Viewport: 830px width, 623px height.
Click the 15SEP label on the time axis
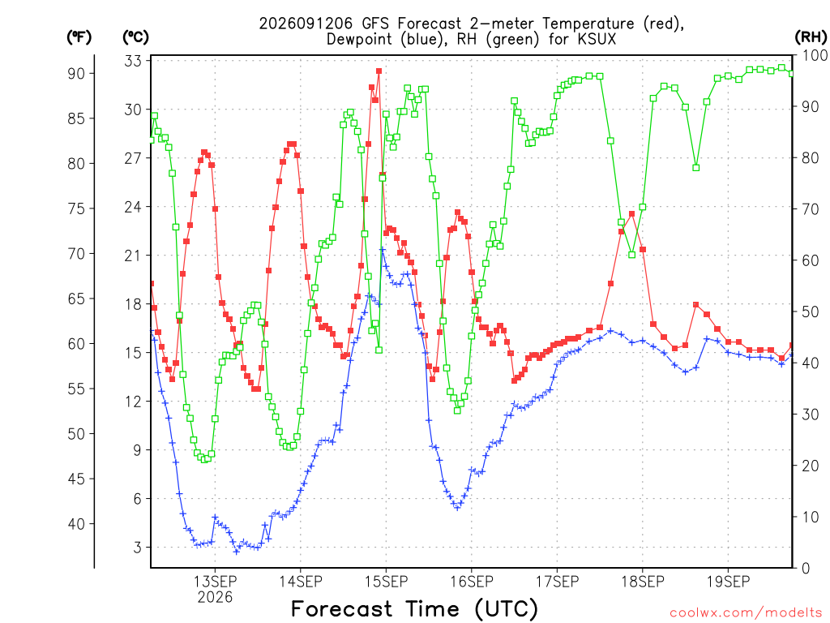pyautogui.click(x=387, y=582)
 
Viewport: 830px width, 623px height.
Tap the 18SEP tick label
pyautogui.click(x=643, y=582)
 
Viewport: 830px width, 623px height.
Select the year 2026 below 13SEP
pyautogui.click(x=215, y=598)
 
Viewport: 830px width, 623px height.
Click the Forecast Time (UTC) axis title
pyautogui.click(x=414, y=609)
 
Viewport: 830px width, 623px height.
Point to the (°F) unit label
pyautogui.click(x=79, y=37)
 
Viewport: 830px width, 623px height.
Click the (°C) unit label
pyautogui.click(x=135, y=37)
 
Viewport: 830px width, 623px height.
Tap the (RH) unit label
pyautogui.click(x=811, y=37)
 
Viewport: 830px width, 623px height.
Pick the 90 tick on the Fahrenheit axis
pyautogui.click(x=76, y=74)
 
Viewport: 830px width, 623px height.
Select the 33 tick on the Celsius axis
pyautogui.click(x=133, y=61)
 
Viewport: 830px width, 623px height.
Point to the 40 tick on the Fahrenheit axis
pyautogui.click(x=76, y=524)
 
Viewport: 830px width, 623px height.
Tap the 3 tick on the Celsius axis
pyautogui.click(x=138, y=548)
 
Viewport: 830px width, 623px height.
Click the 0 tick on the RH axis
pyautogui.click(x=806, y=569)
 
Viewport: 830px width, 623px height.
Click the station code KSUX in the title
pyautogui.click(x=597, y=39)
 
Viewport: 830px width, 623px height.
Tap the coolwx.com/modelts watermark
pyautogui.click(x=746, y=613)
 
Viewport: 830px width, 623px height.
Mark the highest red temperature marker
pyautogui.click(x=379, y=71)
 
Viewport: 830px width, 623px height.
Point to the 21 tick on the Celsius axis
pyautogui.click(x=133, y=256)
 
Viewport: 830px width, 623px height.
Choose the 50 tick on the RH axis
pyautogui.click(x=811, y=312)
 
